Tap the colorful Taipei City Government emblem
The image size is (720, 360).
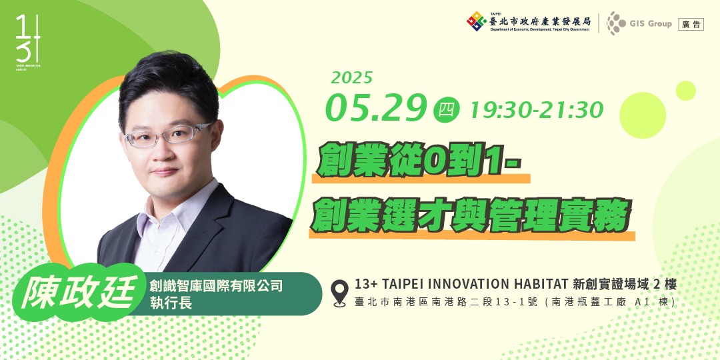476,21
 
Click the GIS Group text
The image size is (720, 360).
650,24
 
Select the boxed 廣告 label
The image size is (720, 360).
691,24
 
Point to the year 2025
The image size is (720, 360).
351,78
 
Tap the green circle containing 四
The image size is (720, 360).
446,109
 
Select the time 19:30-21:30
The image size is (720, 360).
536,109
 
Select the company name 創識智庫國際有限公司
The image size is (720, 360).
216,286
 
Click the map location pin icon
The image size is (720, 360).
340,293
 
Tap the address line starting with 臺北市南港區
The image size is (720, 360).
515,301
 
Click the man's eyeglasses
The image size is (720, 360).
167,135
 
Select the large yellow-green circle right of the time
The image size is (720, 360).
643,115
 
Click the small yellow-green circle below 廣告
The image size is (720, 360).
685,90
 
